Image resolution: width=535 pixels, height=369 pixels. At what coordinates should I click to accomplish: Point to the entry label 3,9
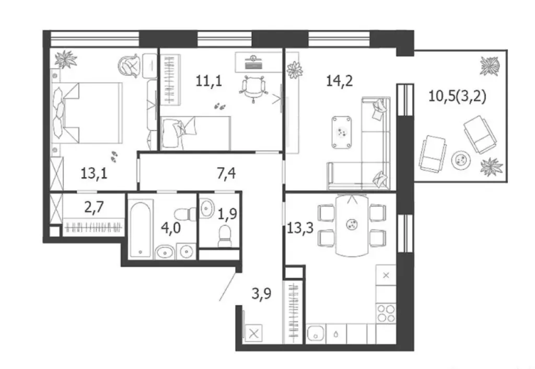(262, 294)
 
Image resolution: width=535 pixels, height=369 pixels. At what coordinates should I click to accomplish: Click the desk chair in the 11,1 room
(251, 86)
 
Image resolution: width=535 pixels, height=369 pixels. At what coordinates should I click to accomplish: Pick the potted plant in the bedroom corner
(65, 59)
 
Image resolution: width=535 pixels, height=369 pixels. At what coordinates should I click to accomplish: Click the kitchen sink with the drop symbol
(335, 333)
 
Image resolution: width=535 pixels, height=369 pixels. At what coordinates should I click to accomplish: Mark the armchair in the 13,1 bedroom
(131, 66)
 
